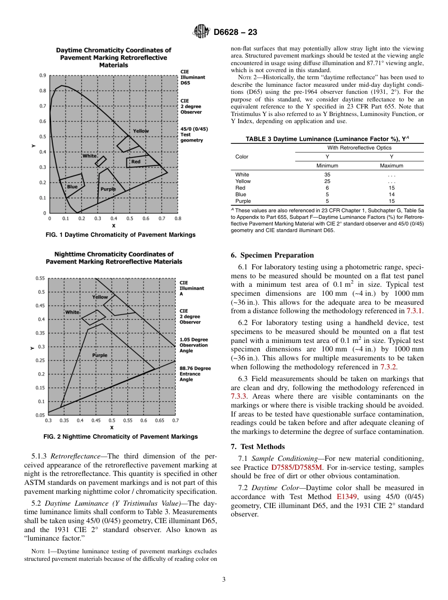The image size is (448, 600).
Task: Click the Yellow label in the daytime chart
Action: pos(141,131)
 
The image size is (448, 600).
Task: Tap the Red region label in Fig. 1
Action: pos(136,162)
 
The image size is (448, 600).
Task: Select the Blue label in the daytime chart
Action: pos(72,187)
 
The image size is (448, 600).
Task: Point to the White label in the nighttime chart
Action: pos(72,312)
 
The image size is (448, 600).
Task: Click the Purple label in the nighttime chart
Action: pos(100,355)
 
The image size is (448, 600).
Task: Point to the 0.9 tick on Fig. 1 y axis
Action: pos(42,75)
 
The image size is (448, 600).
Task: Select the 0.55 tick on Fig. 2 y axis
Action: pos(41,278)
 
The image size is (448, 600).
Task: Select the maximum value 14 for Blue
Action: pos(391,194)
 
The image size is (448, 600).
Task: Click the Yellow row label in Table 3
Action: pos(243,181)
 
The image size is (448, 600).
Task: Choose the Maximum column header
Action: pos(391,166)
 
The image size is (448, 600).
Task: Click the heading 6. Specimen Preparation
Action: pos(272,255)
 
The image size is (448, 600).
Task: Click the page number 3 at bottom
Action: pos(224,579)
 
